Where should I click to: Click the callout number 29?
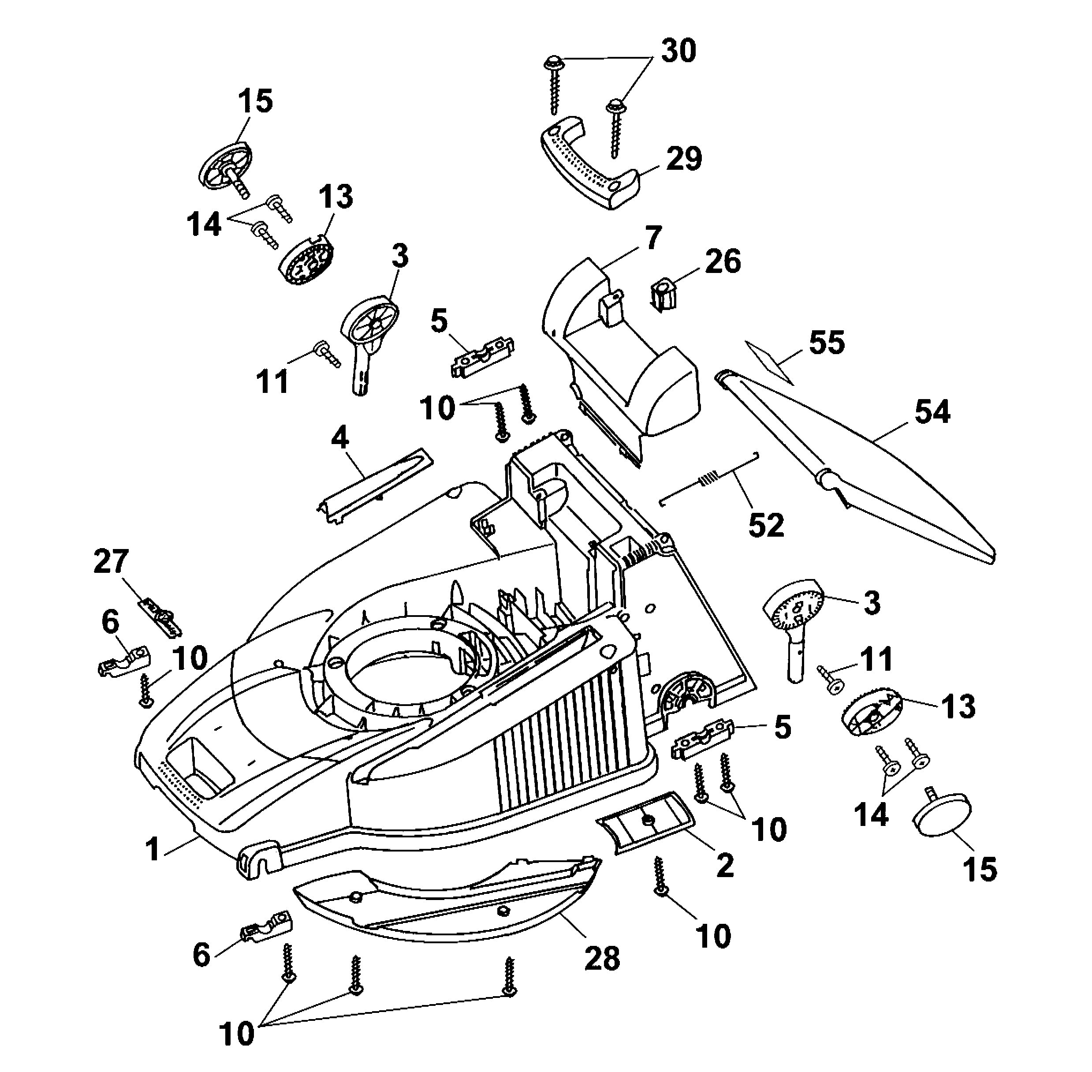(x=684, y=159)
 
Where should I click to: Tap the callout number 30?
(x=678, y=51)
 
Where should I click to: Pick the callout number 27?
(x=112, y=561)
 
